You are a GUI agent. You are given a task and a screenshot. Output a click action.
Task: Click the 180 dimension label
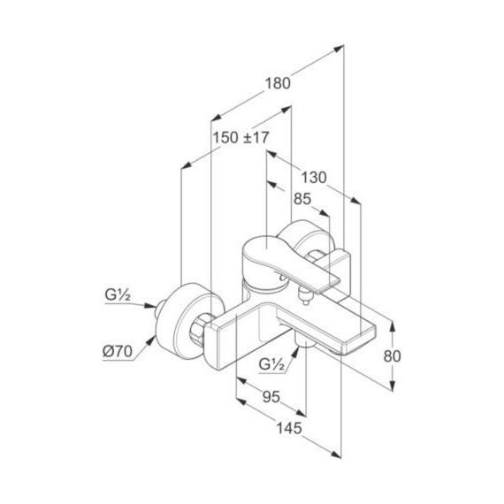[278, 84]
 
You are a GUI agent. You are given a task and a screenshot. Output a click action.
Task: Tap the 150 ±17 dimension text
[241, 138]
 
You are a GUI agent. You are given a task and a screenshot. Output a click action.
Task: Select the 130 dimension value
[314, 178]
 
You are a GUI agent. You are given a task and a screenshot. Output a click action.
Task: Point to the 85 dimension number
[302, 199]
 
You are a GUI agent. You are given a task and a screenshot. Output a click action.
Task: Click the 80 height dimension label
[392, 356]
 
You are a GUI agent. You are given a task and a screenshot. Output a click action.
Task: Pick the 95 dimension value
[271, 397]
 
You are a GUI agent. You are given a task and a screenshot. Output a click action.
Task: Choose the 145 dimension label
[289, 428]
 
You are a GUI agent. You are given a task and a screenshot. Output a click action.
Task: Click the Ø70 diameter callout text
[118, 352]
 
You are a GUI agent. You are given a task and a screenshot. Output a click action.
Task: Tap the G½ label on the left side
[118, 295]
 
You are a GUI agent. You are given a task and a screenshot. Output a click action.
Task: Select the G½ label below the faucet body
[272, 365]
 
